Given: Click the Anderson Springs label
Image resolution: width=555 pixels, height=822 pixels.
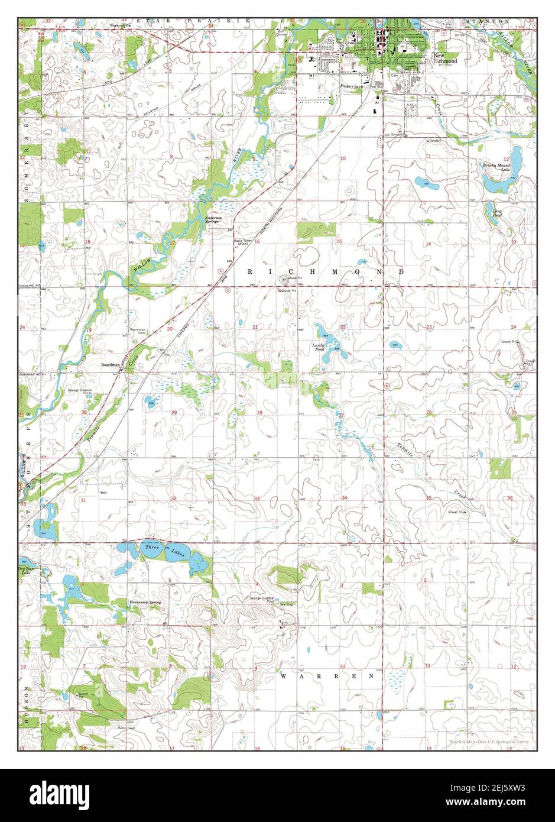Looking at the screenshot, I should click(x=213, y=219).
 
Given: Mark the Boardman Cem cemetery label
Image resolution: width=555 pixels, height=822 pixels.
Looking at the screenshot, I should click(x=137, y=332).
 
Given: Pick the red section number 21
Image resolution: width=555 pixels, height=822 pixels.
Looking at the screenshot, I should click(x=256, y=327).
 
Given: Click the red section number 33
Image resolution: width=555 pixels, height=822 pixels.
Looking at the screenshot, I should click(x=257, y=499).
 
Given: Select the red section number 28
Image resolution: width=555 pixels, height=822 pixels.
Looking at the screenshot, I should click(x=259, y=412).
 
